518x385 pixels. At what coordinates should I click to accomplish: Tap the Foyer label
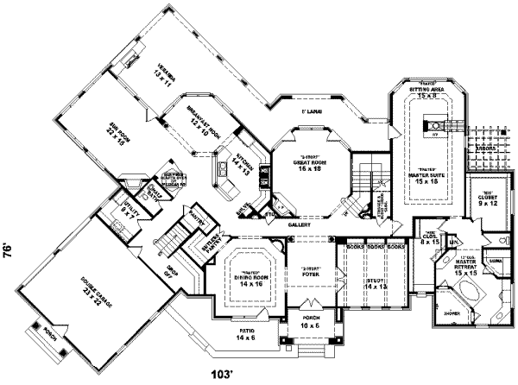coord(308,275)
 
